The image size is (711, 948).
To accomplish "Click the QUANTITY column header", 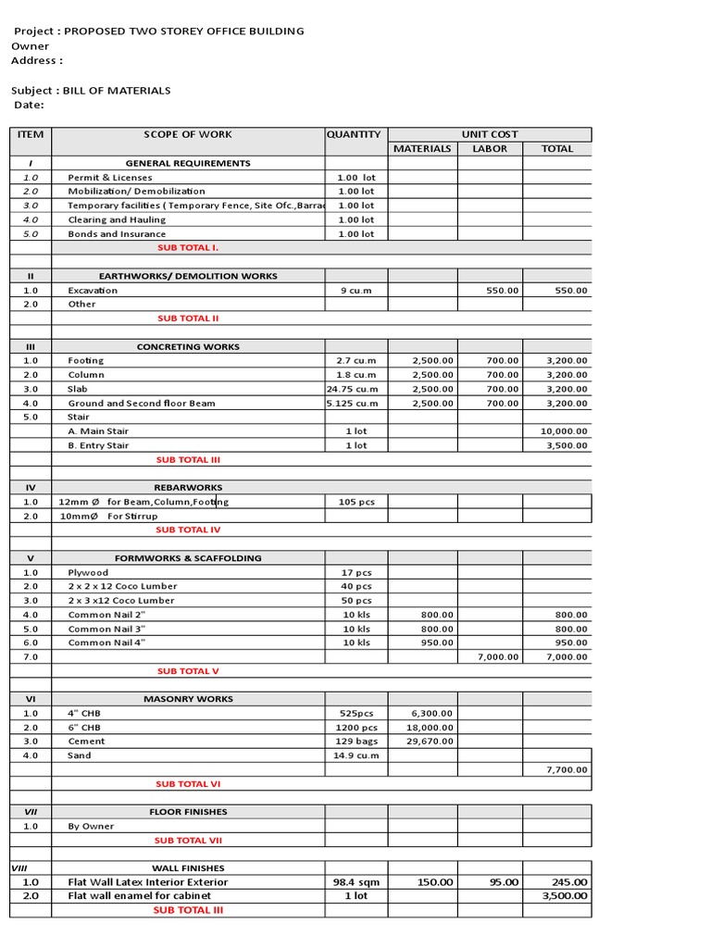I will pos(354,134).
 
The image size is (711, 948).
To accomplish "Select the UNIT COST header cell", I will pos(490,134).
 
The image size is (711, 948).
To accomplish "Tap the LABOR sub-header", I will pos(490,148).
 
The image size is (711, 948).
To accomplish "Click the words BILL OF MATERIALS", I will pos(116,91).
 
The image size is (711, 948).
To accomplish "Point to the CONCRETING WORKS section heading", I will pos(188,347).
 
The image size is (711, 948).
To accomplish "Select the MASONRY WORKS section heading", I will pos(188,699).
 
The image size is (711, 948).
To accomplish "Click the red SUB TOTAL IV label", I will pos(188,530).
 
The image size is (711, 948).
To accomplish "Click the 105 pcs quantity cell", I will pos(356,502).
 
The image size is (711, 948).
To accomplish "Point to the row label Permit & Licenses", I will pos(110,177).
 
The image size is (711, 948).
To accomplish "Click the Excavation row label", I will pos(93,290).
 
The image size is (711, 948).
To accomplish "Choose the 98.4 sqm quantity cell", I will pos(356,882).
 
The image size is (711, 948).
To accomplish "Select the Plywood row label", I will pos(88,572).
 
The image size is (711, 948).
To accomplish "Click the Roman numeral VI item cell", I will pos(31,699).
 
